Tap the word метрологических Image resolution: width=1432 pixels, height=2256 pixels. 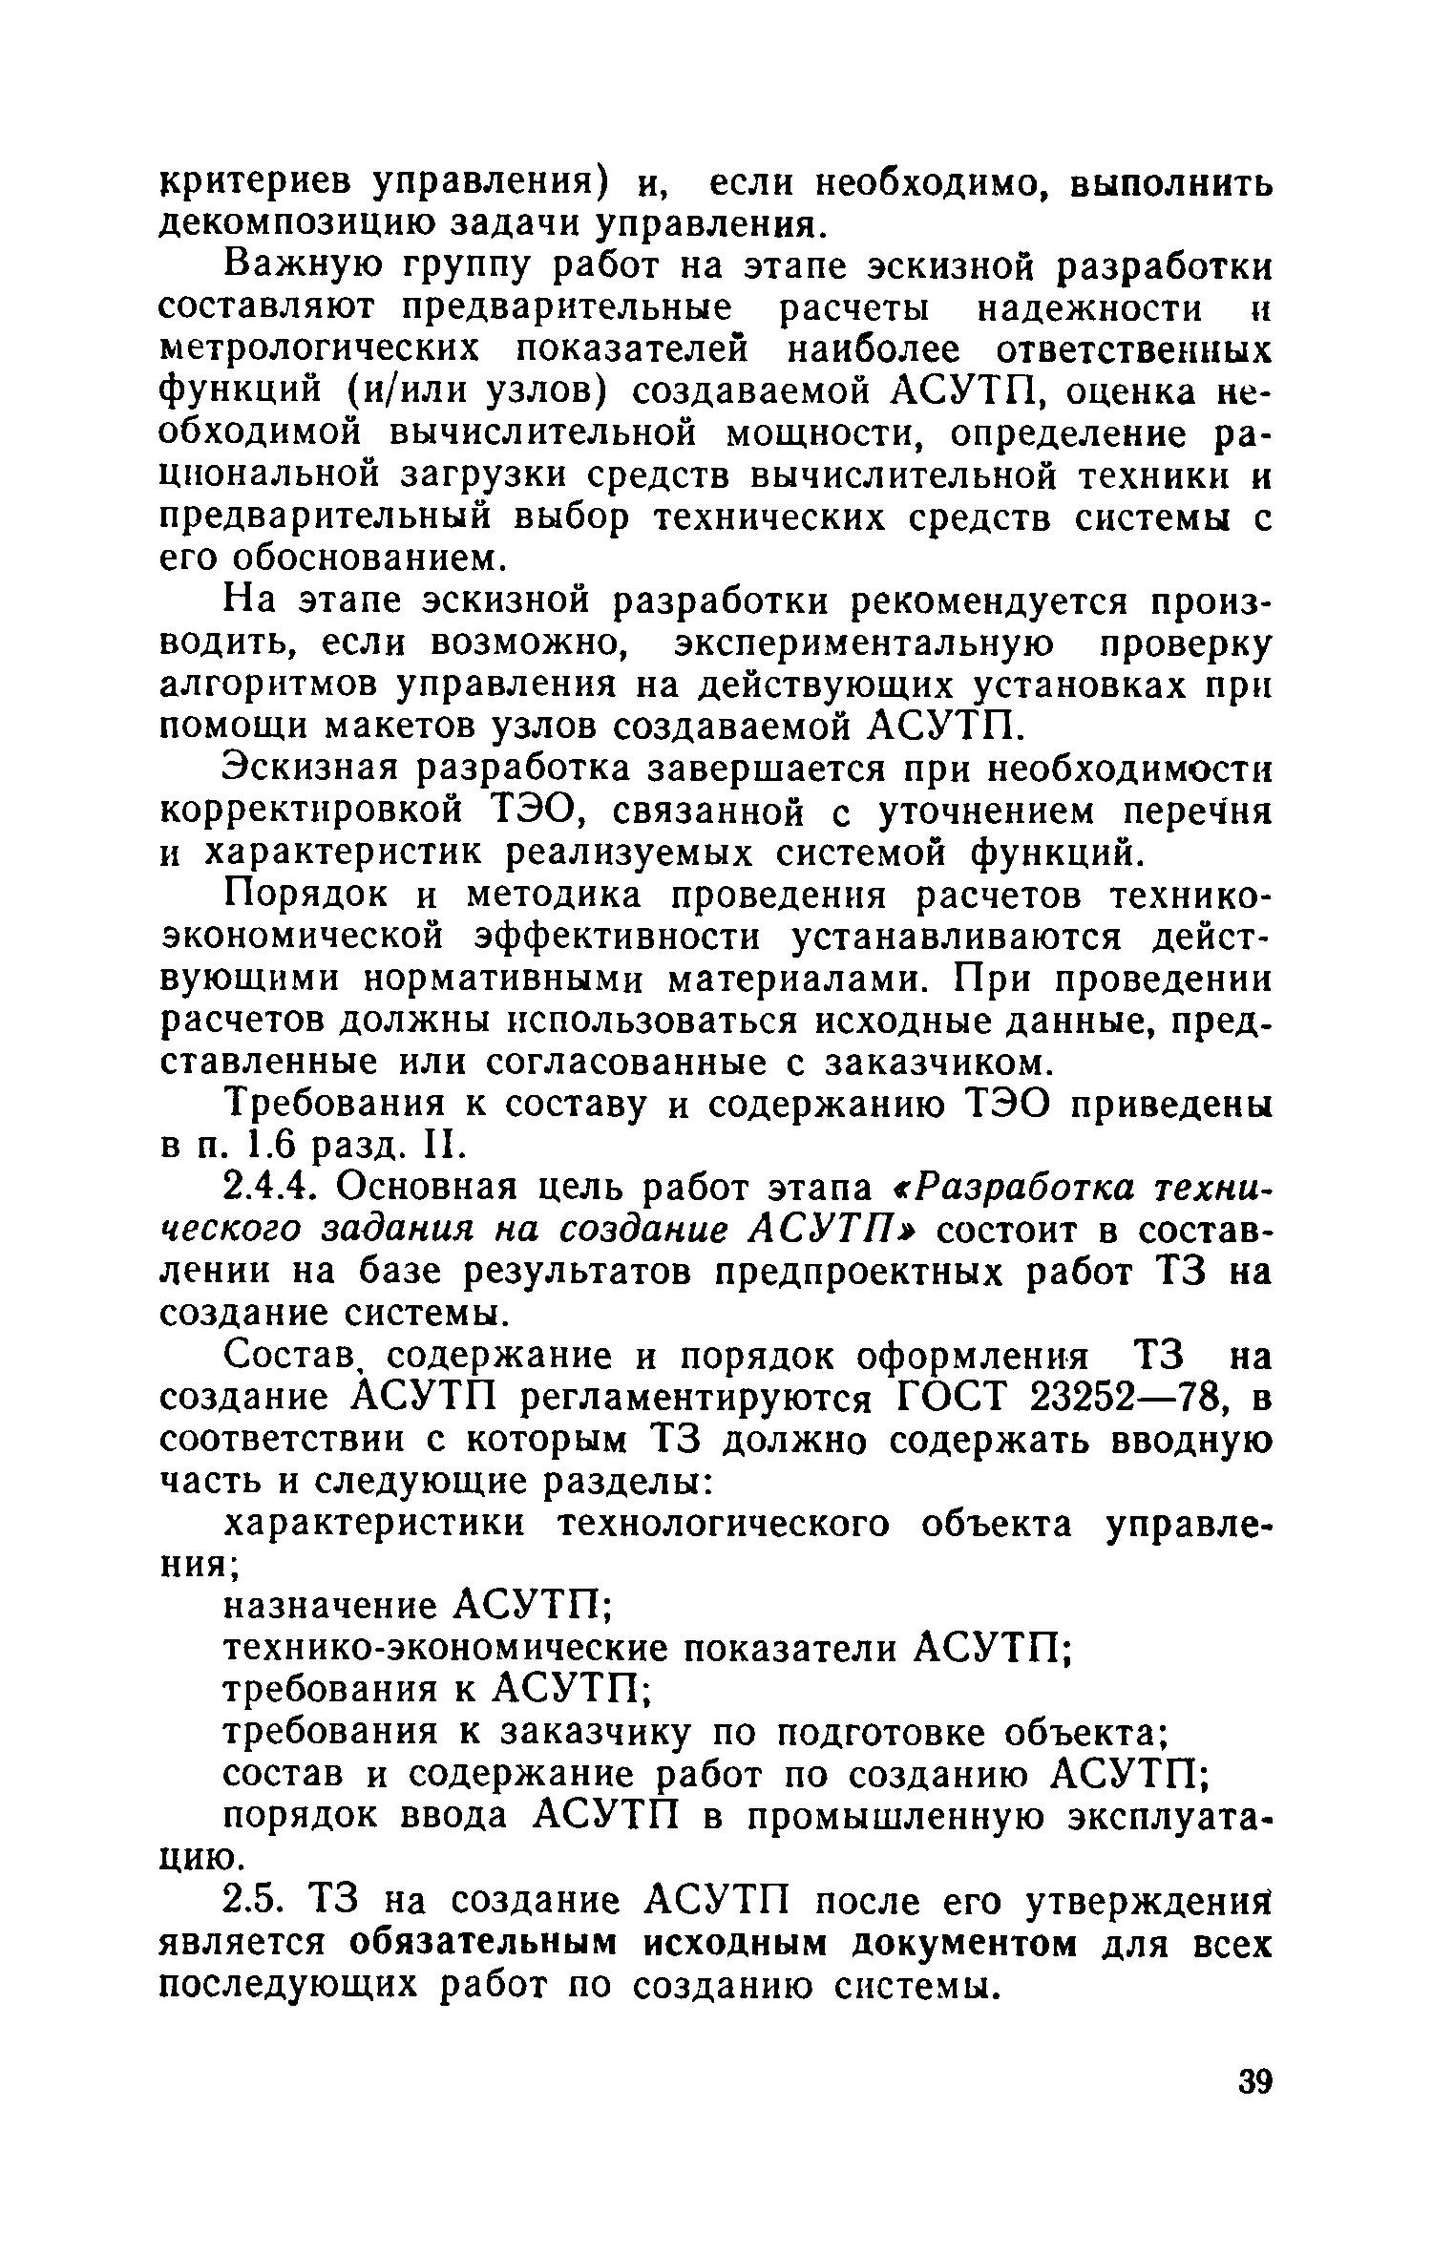tap(324, 350)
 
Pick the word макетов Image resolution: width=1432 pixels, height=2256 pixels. tap(416, 727)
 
